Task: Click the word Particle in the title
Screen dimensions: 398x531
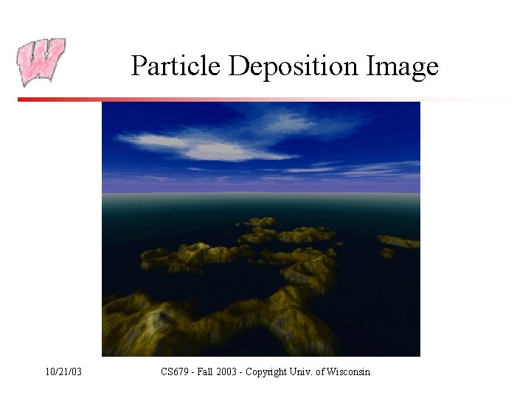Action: click(x=176, y=66)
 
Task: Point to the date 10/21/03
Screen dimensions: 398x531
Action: click(x=63, y=371)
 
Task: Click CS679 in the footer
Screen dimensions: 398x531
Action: click(x=175, y=371)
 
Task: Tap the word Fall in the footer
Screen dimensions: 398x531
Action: click(x=209, y=371)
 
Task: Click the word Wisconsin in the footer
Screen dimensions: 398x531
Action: click(x=349, y=371)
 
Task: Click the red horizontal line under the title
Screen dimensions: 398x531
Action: click(x=221, y=99)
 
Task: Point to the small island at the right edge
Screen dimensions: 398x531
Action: click(x=399, y=242)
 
